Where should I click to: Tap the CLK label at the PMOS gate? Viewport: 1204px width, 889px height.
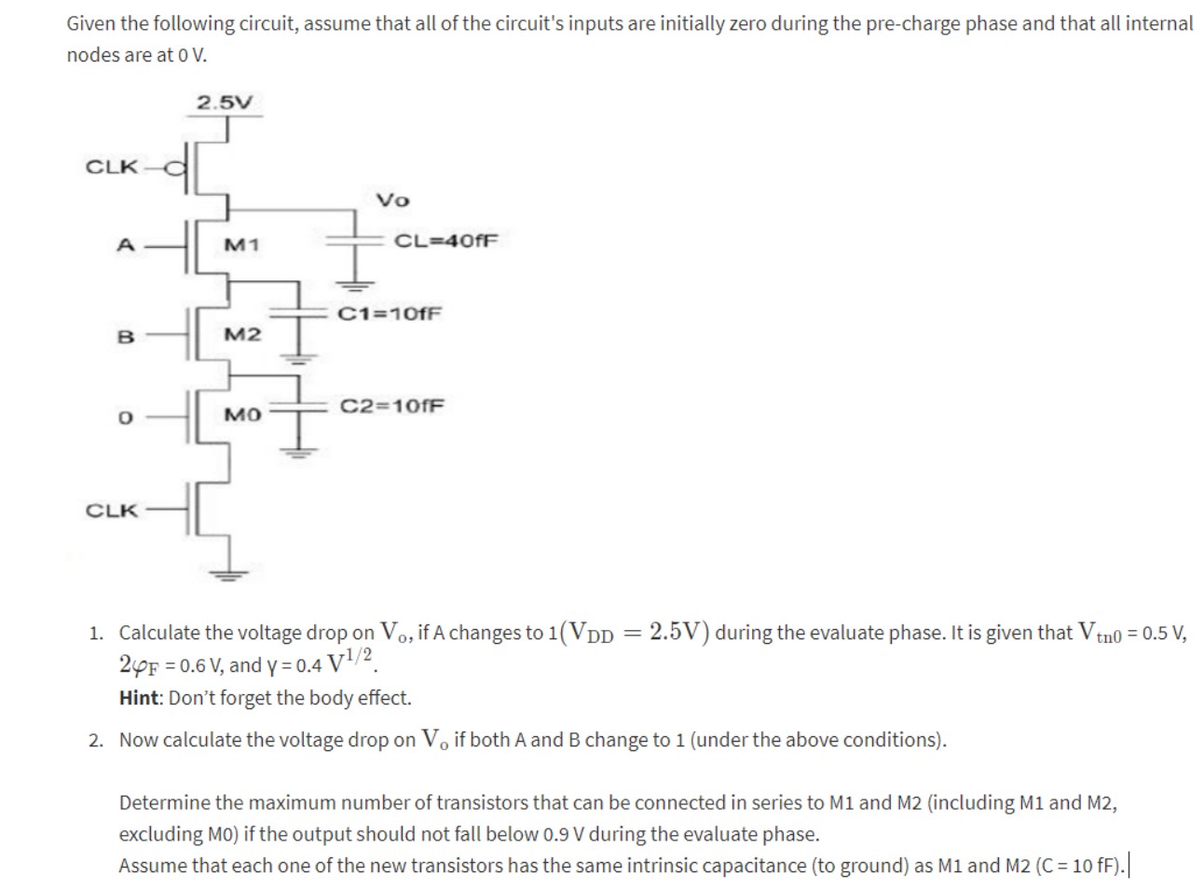111,167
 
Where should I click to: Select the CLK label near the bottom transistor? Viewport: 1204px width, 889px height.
111,511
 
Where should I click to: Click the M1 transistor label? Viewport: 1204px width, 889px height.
242,245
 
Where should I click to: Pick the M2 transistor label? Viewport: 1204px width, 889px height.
242,334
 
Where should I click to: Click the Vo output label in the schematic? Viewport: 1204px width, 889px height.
392,200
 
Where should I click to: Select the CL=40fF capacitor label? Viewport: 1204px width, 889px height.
446,239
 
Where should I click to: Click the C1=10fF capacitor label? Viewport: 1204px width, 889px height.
390,313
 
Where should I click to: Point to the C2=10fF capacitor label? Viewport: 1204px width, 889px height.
392,406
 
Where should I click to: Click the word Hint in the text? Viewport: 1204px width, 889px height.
137,698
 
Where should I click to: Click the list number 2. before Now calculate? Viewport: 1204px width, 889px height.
97,741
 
